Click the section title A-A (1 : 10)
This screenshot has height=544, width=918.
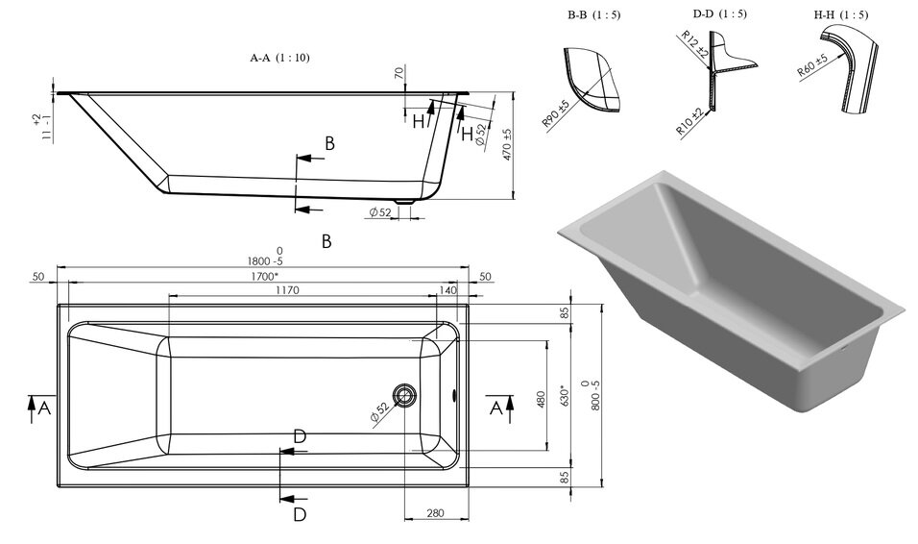coord(279,58)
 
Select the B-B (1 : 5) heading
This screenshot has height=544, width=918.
coord(593,14)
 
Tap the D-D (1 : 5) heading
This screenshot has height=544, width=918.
coord(719,13)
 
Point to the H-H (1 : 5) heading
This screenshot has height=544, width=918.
coord(841,14)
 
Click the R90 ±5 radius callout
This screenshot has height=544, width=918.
coord(556,113)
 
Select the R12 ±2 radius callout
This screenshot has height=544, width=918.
coord(694,44)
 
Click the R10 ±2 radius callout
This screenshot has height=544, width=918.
coord(689,122)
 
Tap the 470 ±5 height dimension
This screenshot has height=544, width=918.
coord(508,144)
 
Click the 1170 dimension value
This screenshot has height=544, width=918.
coord(287,290)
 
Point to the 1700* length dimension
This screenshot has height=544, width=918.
coord(264,276)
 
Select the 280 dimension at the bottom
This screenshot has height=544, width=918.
coord(435,513)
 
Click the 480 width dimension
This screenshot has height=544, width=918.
coord(541,400)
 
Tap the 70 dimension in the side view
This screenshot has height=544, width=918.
coord(399,73)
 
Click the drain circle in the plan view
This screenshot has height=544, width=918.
coord(404,394)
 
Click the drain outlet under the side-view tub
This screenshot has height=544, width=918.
coord(404,202)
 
